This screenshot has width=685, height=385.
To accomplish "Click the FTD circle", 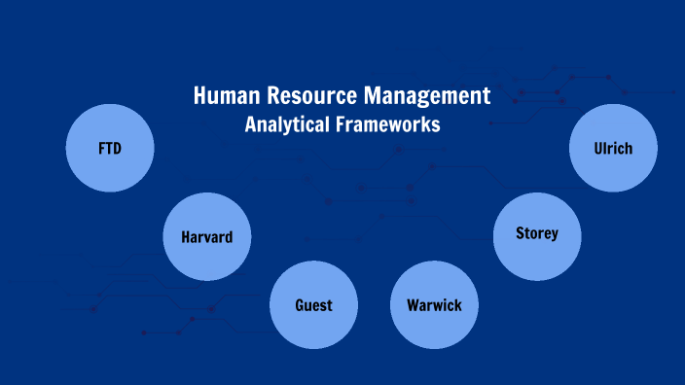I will coord(110,148).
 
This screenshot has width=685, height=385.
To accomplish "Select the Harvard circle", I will coord(207,236).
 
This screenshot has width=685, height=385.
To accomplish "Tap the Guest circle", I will coord(313,304).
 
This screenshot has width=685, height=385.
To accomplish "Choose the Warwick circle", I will coord(434,305).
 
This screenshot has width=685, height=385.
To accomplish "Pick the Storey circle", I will coord(537,234).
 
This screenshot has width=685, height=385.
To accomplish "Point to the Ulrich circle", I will coord(613,148).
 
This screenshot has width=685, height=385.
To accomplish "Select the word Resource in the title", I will coord(311,96).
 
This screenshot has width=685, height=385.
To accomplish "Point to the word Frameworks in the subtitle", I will coord(387,124).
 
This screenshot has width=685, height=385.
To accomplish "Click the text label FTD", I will coord(110,149).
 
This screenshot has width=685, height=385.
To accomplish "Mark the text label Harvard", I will coord(207,237).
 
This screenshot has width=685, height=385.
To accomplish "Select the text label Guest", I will coord(313,305).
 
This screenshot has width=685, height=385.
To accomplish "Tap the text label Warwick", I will coord(434,306).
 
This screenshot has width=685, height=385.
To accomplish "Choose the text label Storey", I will coord(537,234).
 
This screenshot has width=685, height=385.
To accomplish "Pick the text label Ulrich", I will coord(613,149).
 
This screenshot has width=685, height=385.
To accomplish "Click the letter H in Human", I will coord(199,96).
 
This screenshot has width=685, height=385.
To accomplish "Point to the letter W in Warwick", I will coord(414,306).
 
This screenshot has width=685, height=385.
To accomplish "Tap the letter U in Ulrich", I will coord(597,149).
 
